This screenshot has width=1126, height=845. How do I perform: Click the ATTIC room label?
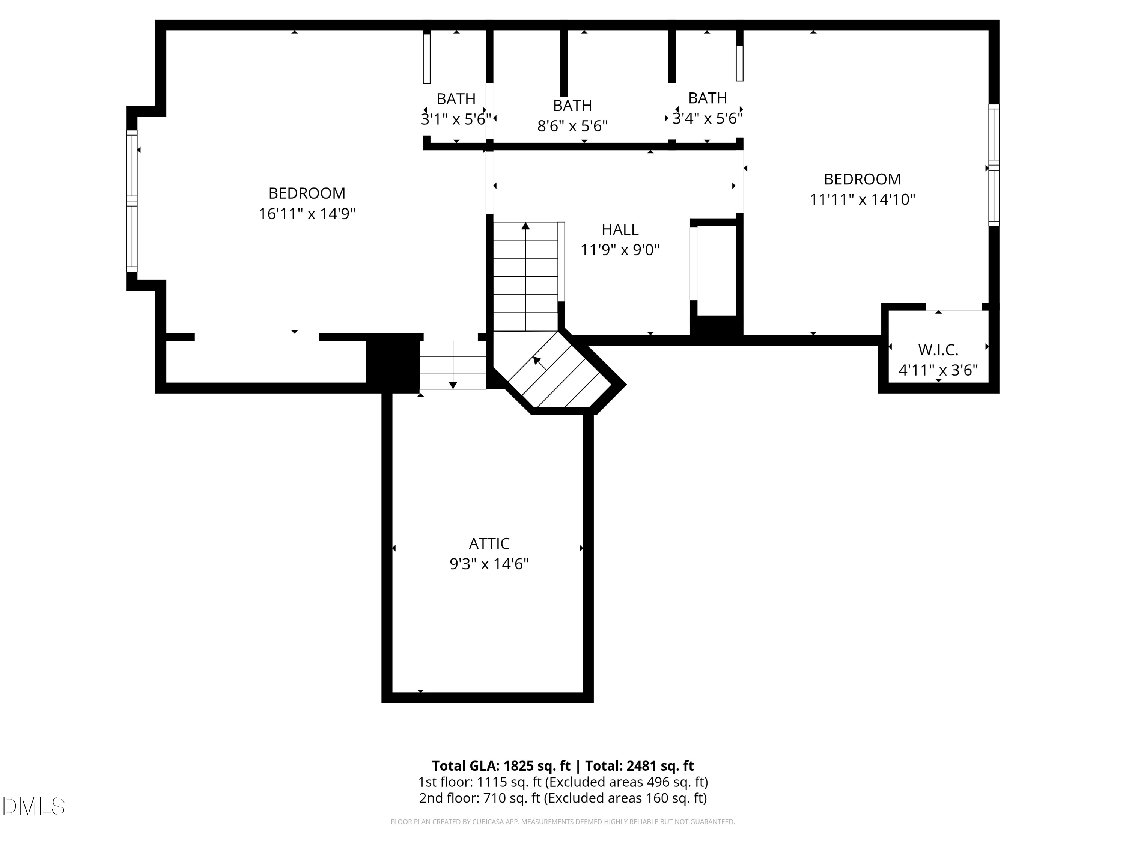tap(489, 543)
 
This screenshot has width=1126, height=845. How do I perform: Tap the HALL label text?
tap(620, 230)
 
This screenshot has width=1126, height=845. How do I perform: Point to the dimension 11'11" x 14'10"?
tap(862, 199)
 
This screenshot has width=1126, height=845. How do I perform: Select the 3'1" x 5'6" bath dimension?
tap(456, 119)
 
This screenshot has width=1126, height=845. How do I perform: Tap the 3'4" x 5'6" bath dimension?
tap(707, 118)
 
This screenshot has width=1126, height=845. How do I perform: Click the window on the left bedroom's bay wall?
tap(132, 201)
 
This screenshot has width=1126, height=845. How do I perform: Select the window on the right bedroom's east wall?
tap(993, 166)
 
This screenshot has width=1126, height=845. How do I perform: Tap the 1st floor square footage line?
tap(563, 782)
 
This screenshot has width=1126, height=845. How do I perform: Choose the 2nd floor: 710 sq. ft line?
tap(563, 798)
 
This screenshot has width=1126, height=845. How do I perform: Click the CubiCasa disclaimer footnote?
tap(563, 822)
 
